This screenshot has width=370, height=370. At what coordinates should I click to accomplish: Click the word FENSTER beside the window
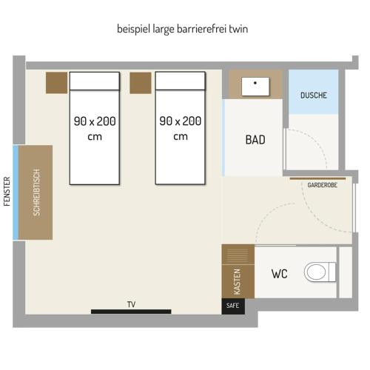coord(7,192)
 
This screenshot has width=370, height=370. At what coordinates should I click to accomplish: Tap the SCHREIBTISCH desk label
coord(36,192)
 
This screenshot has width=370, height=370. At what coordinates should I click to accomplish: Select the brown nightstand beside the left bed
coord(56,83)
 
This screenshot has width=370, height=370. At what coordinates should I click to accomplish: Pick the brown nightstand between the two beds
coord(141,83)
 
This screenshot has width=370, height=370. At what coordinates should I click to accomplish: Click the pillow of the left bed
coord(95,81)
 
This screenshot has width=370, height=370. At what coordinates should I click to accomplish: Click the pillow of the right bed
coord(181,81)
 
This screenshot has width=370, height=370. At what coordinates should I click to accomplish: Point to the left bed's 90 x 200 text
coord(95,121)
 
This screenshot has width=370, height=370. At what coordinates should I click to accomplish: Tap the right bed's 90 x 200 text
coord(181,121)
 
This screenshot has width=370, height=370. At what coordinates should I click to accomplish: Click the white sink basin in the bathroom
coord(255,87)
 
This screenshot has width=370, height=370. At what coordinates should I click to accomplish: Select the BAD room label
coord(255,140)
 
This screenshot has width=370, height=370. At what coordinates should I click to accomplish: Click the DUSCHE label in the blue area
coord(314,95)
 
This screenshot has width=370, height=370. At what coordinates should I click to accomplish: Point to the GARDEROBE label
coord(322,185)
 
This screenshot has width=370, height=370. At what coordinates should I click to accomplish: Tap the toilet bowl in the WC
coord(316,272)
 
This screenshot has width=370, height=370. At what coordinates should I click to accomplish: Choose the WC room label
coord(280,274)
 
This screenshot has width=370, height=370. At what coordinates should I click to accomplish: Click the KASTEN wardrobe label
coord(237,282)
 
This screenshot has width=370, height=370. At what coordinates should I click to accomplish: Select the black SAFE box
coord(233,306)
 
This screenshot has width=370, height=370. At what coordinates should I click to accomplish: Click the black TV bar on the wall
coord(131,312)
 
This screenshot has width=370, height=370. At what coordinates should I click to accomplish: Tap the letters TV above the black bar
coord(131,304)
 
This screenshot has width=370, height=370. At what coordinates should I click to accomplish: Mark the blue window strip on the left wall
coord(16,192)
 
